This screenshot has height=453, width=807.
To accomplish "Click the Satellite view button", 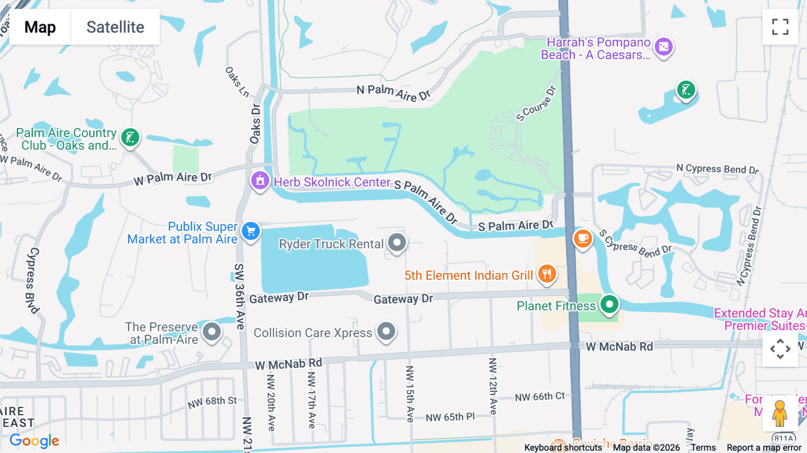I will pos(115,27).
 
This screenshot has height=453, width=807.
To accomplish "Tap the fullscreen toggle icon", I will pos(780,27).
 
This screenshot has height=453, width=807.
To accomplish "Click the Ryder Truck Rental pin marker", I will pos(397,243).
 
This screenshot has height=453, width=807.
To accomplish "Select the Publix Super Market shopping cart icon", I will pos(251,231).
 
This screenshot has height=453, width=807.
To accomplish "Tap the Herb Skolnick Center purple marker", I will pos(260,181).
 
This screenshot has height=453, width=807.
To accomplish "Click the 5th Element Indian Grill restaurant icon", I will pos(547,274).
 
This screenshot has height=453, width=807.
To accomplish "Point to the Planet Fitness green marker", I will pos(609,305).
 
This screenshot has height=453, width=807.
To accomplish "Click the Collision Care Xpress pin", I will pos(386,331).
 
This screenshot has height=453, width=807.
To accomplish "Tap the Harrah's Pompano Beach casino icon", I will pos(664,47).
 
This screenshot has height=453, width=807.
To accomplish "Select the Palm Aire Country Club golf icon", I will pos(130,138).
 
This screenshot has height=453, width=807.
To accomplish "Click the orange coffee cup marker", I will pos(583,238).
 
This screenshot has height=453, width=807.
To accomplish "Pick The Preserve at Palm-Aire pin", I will pos(212,332).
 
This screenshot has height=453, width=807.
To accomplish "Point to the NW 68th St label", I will pos(212,402).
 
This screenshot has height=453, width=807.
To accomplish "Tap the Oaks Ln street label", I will pos(237,82).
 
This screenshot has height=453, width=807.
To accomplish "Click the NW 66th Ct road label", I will pos(539,397).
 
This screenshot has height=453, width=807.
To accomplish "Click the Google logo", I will pos(34,440).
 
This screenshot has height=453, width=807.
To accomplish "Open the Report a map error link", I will pos(764,448).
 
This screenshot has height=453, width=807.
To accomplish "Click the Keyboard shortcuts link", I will pos(563,448).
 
